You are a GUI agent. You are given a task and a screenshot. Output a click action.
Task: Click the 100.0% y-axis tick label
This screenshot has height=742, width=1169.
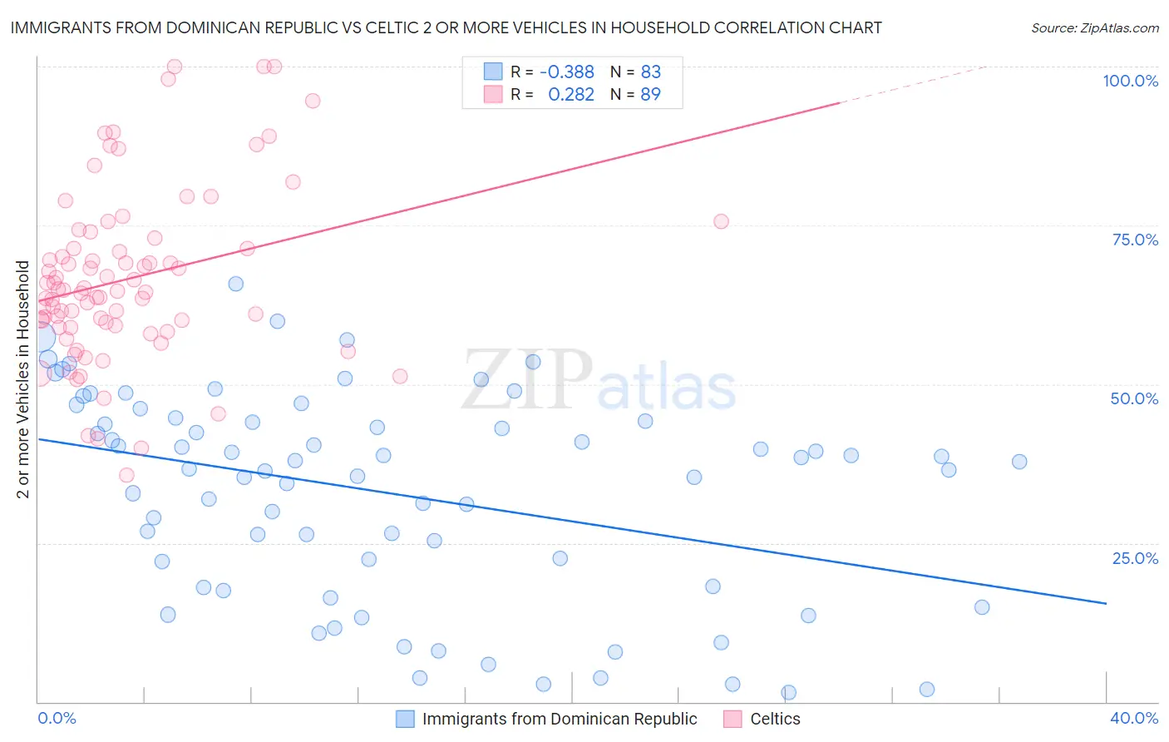[1130, 81]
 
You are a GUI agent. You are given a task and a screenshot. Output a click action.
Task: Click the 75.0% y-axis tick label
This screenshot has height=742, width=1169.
[1135, 240]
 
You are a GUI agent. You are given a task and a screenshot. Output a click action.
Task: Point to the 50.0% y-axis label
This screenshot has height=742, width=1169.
[1134, 398]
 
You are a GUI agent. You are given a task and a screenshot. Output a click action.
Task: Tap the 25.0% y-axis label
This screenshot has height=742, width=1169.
[1135, 558]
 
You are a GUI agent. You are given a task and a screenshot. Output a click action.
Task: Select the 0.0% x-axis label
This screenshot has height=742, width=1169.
[57, 719]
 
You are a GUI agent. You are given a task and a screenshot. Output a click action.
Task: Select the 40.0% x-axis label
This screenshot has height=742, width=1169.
[1134, 719]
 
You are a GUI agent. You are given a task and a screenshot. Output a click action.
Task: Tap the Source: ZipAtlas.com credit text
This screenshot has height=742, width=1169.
[1094, 28]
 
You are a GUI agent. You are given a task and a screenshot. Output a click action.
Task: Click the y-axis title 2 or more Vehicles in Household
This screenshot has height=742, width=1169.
[23, 379]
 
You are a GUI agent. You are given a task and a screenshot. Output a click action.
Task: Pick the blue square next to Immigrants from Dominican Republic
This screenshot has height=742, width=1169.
[405, 720]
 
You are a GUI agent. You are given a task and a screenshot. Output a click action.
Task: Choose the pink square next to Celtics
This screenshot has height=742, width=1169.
[732, 720]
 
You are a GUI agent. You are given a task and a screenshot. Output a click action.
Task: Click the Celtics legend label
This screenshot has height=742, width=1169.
[775, 720]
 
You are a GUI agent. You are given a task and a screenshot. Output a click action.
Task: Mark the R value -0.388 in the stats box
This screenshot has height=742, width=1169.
[566, 72]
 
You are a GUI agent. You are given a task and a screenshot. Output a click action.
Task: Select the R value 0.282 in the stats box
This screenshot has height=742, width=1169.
[571, 95]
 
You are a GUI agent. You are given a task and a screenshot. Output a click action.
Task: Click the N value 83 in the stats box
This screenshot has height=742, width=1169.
[650, 72]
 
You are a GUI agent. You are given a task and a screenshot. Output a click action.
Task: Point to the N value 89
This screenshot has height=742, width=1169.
[650, 95]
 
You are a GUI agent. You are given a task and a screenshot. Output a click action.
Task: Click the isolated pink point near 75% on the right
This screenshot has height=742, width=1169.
[721, 221]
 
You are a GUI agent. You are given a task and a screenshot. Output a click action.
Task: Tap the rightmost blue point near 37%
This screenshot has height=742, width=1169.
[1019, 462]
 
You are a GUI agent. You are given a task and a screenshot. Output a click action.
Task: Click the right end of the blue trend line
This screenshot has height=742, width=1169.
[1106, 603]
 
